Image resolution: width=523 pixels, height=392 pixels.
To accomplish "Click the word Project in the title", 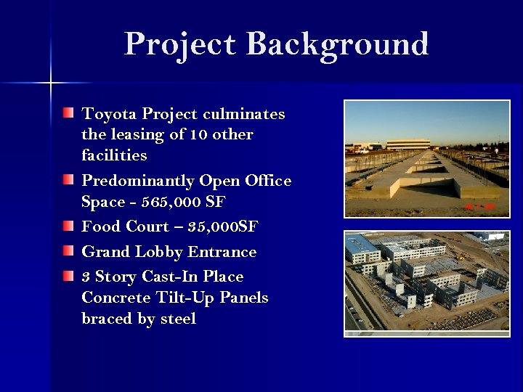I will click(x=179, y=45).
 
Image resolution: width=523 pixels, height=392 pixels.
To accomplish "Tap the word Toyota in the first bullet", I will click(x=109, y=114).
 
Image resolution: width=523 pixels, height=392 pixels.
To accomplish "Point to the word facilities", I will click(x=114, y=155).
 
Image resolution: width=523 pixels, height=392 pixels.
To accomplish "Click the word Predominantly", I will click(x=138, y=181).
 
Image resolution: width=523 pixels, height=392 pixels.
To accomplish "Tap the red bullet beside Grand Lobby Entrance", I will click(x=68, y=251).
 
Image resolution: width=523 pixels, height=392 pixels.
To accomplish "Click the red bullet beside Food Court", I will click(x=68, y=226).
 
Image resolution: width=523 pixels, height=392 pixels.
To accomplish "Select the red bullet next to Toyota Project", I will click(x=68, y=113).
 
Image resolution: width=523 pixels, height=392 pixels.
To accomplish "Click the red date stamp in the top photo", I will click(x=480, y=207).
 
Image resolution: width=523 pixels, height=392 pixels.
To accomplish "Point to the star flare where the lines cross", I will click(x=50, y=83).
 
